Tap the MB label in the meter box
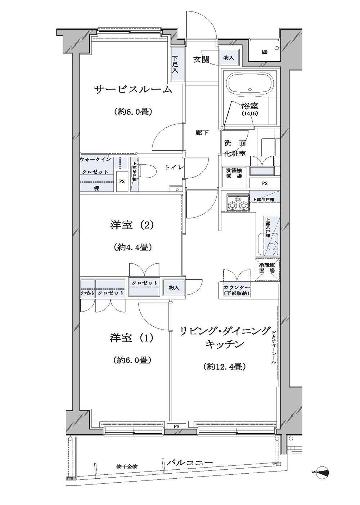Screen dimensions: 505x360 coord(264,52)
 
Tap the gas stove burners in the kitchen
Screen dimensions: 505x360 coord(238,202)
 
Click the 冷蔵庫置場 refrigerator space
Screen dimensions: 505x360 coord(267,268)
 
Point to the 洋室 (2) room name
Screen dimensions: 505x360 coord(132,225)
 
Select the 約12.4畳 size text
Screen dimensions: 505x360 coord(224,367)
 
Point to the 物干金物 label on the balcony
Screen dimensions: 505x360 coord(127,466)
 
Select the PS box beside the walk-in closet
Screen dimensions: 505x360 coord(122,182)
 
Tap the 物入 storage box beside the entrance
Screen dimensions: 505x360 coord(229,58)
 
